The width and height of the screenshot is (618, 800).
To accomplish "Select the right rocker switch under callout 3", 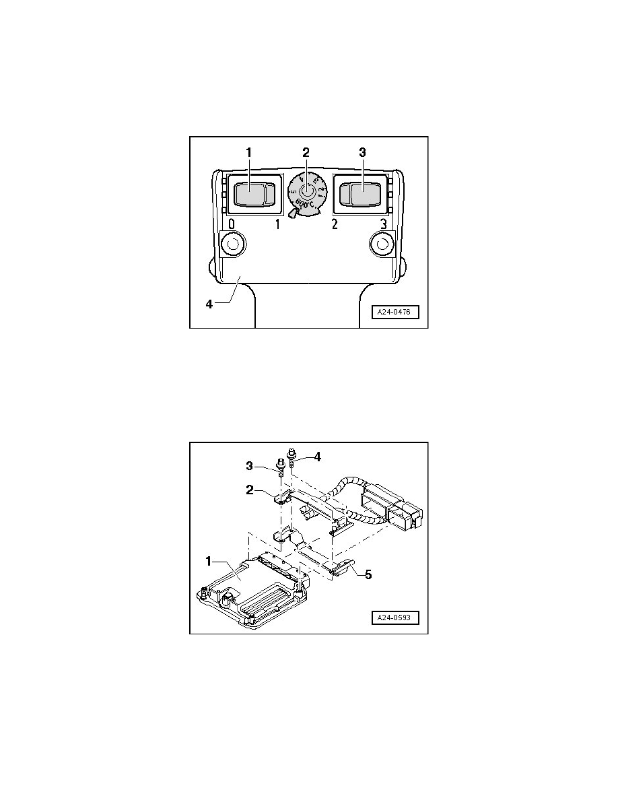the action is (362, 195).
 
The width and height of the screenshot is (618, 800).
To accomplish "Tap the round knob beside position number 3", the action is (382, 244).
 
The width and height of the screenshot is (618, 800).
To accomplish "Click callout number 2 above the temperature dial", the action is (306, 153).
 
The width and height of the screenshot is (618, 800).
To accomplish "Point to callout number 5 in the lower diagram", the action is (368, 576).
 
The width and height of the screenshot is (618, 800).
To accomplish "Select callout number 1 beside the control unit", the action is (209, 560).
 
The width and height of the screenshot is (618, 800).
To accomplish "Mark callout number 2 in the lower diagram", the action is (250, 490).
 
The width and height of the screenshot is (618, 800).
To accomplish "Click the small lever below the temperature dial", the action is (291, 215).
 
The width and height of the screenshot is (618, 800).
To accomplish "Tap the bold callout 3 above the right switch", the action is (362, 153).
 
